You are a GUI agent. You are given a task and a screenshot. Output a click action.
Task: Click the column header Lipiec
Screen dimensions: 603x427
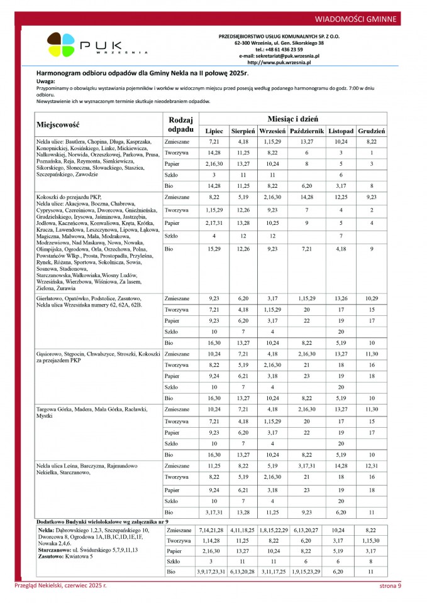(214, 131)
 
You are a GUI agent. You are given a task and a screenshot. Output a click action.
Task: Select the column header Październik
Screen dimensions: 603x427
(307, 131)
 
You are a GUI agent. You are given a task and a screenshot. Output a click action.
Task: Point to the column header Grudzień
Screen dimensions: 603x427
(372, 131)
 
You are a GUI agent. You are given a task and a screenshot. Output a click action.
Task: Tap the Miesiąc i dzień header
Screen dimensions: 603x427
(293, 118)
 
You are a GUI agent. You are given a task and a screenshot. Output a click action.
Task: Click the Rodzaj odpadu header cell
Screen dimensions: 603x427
(181, 124)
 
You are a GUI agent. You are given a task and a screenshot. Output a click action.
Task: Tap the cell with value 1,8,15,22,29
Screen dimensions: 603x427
(273, 530)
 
